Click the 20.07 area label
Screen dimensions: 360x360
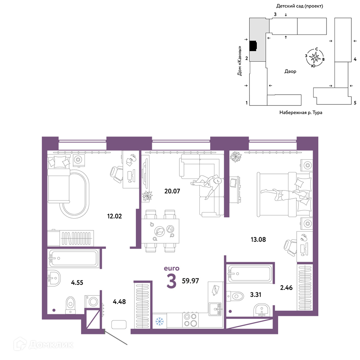[172, 191]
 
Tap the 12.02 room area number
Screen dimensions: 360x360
[114, 216]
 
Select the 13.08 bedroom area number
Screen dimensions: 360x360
[258, 239]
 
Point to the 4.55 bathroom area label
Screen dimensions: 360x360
[77, 282]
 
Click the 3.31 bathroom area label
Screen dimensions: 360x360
[256, 294]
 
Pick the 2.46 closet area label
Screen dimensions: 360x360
[286, 287]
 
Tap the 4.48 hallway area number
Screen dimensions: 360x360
[119, 301]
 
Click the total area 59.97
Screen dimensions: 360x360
[190, 281]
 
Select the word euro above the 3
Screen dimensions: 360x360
[171, 268]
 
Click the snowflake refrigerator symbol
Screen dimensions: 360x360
[159, 321]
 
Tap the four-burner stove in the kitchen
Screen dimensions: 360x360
[190, 320]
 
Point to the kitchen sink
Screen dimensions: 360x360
[215, 309]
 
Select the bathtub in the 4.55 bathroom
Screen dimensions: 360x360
[73, 258]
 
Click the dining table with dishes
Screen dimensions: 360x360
[160, 231]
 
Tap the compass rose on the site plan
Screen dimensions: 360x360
[315, 57]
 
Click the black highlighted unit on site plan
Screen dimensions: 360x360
[253, 46]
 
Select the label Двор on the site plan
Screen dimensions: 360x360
[290, 71]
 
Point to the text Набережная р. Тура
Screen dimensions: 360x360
[301, 112]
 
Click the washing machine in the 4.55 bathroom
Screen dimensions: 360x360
[93, 301]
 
